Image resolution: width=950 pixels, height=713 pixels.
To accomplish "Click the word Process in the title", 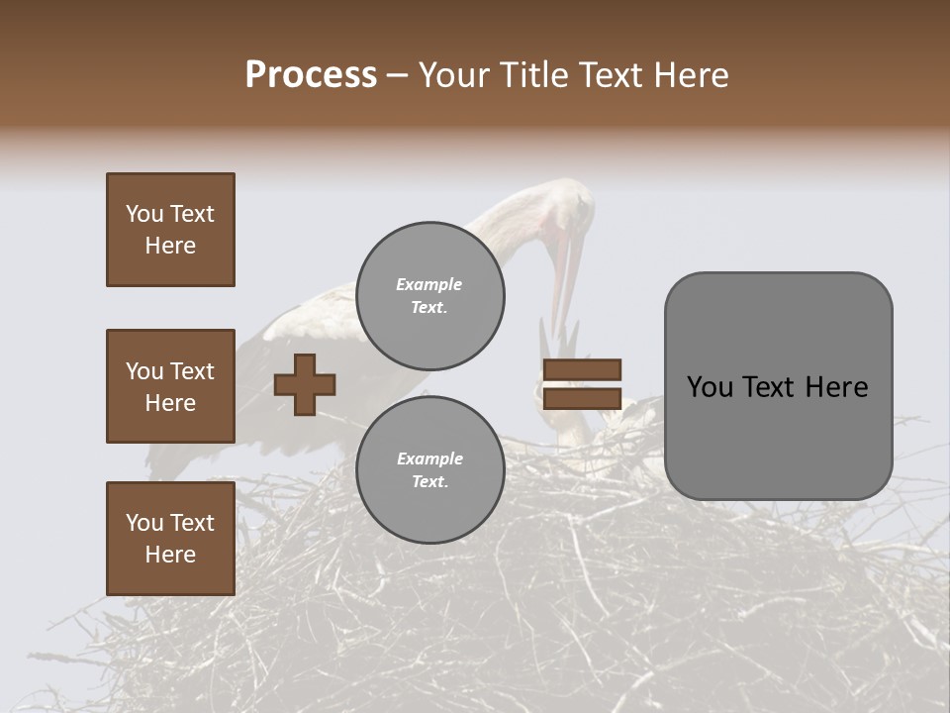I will tap(311, 75).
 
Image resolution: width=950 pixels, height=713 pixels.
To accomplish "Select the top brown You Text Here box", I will tap(170, 230).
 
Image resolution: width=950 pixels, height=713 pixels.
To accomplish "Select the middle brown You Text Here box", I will tap(170, 386).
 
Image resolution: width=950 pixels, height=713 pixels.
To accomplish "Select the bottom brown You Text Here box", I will tap(170, 539).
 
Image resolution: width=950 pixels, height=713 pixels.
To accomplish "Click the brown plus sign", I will tap(305, 384).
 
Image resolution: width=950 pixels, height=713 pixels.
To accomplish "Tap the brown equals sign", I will tap(582, 384).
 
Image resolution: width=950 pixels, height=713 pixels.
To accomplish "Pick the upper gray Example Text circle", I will tap(429, 295).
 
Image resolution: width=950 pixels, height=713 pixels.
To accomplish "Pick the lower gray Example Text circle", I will tap(429, 469).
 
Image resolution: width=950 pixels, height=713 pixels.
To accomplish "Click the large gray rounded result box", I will tap(778, 386).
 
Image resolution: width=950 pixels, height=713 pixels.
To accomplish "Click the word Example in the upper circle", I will tap(429, 284).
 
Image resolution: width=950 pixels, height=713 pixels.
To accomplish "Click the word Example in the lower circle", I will tap(429, 458).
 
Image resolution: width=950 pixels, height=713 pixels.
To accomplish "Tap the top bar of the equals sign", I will tap(582, 369).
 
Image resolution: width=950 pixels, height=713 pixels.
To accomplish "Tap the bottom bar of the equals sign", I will tap(582, 399).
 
